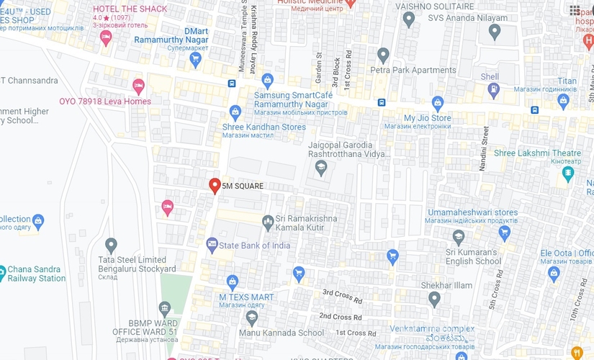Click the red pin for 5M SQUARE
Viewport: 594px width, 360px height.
(x=214, y=186)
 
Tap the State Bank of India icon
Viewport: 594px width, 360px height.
(x=212, y=246)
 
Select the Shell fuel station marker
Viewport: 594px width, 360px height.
(x=494, y=89)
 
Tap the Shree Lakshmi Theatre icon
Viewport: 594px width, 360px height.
(x=569, y=174)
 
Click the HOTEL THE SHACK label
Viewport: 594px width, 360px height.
(x=130, y=9)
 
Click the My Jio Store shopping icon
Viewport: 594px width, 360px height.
(x=438, y=102)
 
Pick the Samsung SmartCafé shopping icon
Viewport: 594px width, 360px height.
(x=268, y=80)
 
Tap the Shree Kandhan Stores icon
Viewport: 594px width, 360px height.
(x=235, y=112)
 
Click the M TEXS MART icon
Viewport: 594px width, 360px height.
(x=232, y=282)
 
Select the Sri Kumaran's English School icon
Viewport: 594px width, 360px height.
(x=459, y=237)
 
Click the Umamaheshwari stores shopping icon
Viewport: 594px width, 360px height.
(x=505, y=232)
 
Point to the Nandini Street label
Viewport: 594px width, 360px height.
(x=485, y=148)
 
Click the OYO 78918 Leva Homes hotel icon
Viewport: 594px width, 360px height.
(x=138, y=87)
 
